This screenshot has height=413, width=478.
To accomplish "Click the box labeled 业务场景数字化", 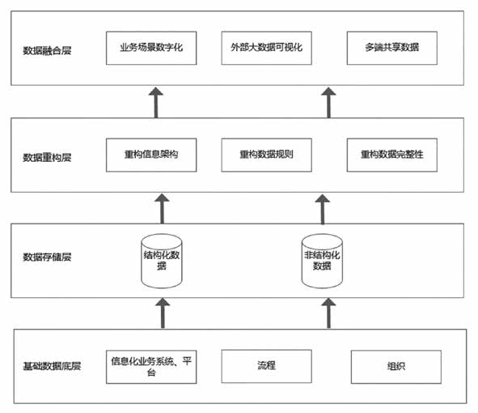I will tap(152, 48).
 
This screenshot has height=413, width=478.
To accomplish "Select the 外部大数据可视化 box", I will tap(266, 48).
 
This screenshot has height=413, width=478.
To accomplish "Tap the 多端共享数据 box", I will tap(391, 48).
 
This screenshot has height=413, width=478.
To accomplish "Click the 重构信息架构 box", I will tap(152, 155).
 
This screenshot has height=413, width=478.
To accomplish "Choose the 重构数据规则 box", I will tap(266, 155).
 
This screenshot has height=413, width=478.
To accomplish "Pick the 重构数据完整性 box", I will tap(391, 155).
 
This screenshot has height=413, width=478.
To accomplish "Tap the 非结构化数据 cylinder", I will tap(322, 261).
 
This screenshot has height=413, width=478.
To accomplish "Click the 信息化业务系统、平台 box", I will tap(152, 367).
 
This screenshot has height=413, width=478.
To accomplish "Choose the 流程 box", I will tap(266, 366).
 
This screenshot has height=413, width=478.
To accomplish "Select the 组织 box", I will tap(396, 367).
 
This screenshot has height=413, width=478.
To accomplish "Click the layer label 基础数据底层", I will tap(51, 365).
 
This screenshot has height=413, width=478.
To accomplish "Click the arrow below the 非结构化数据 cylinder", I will tap(328, 312).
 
